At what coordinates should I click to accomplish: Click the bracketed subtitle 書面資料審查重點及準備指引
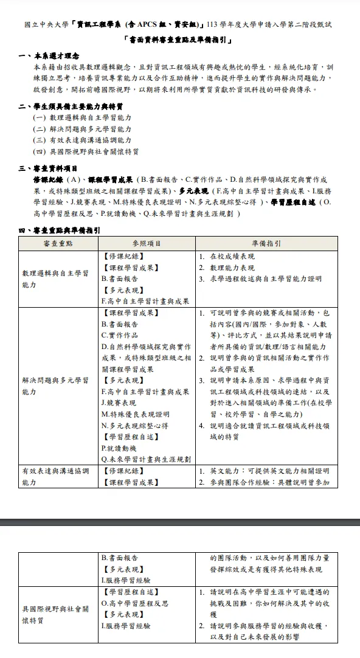click(179, 41)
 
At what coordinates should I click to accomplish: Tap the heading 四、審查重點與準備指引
click(59, 231)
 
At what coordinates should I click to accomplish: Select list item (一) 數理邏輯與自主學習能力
click(82, 117)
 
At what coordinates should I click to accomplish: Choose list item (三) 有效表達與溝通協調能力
click(82, 140)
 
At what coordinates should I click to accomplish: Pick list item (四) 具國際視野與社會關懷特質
click(85, 152)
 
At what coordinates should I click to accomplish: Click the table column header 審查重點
click(58, 243)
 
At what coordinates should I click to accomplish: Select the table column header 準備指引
click(266, 243)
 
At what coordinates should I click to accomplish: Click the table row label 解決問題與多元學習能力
click(55, 386)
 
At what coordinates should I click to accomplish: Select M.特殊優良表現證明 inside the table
click(135, 414)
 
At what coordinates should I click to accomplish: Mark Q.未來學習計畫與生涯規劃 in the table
click(146, 459)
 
